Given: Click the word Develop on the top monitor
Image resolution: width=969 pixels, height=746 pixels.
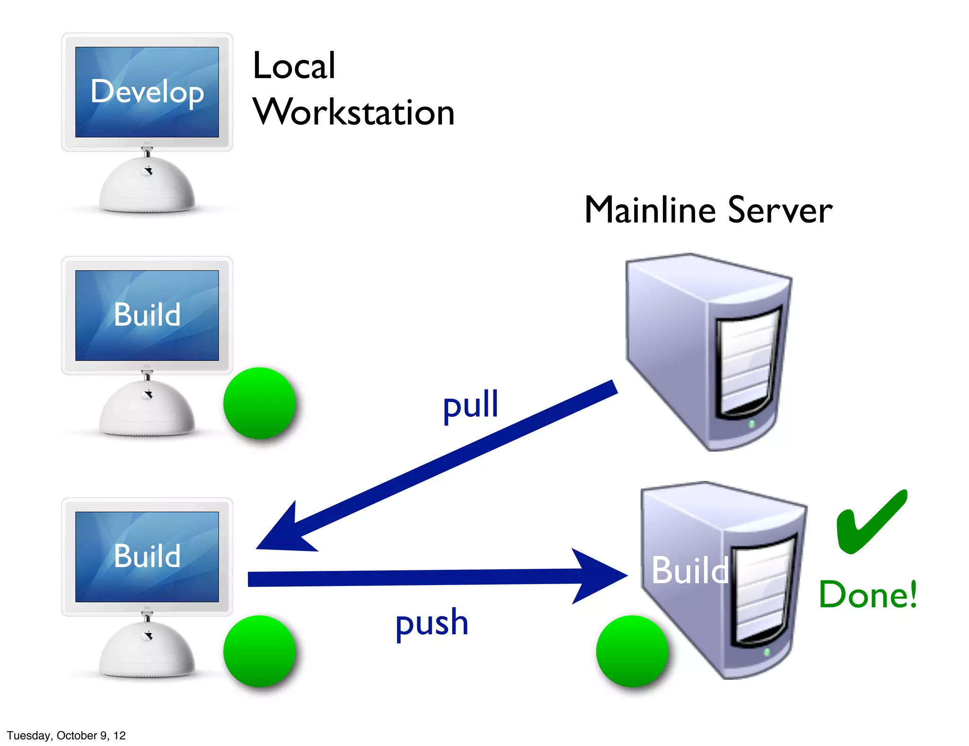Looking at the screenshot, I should coord(147,92).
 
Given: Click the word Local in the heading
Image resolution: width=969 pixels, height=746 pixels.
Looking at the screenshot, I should coord(294,66).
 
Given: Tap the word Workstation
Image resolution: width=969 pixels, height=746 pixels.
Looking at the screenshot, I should coord(354,112).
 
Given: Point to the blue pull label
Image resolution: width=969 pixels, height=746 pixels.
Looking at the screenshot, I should coord(470,405).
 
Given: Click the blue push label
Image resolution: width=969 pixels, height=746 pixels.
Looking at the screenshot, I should coord(432,623).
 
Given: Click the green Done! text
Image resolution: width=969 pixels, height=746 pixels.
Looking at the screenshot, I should coord(868,595).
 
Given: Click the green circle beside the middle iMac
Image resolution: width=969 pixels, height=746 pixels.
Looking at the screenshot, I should coord(259,403).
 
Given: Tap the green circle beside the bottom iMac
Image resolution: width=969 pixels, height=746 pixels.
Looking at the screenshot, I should coord(259,651).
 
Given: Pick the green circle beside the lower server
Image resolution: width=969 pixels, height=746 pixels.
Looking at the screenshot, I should coord(632,651).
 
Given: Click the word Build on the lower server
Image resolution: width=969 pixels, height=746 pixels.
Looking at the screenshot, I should coord(689,570).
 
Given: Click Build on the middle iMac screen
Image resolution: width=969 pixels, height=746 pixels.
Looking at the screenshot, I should coord(147,315).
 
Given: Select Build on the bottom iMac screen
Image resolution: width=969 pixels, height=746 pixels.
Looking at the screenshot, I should coord(147,556).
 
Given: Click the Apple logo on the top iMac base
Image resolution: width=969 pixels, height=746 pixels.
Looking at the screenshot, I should coord(149,170).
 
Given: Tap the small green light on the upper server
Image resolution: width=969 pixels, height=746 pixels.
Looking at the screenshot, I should coord(751,424).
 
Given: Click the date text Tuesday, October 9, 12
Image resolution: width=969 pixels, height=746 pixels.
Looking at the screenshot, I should coord(66,735).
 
